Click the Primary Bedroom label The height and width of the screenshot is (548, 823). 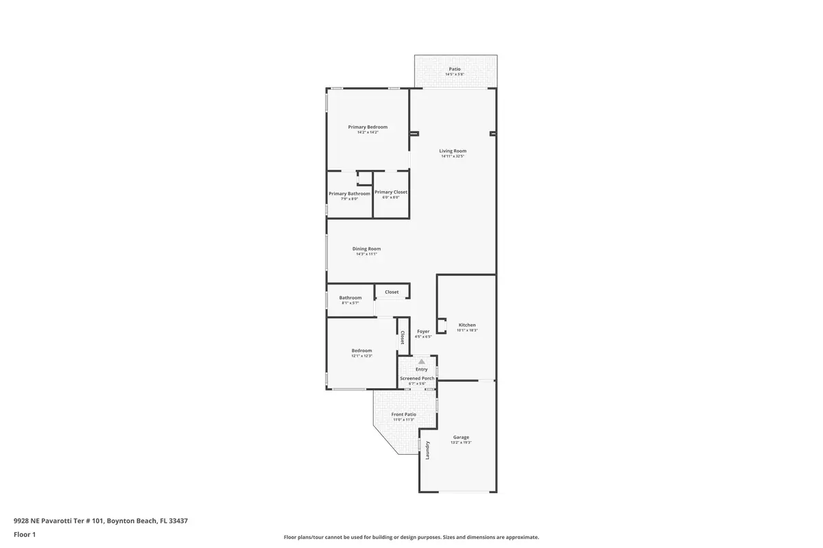[368, 127]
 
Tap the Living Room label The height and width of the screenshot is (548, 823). [453, 151]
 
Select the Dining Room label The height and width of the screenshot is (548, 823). [366, 249]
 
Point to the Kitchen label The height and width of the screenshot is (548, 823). [467, 325]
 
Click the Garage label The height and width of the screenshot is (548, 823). [461, 437]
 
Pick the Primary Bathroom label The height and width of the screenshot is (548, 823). [349, 194]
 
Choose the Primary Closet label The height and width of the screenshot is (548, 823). [391, 192]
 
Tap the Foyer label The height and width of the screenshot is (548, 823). [423, 332]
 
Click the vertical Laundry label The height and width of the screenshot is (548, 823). [427, 450]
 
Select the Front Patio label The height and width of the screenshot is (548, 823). [404, 414]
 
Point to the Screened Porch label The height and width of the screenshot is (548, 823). [417, 378]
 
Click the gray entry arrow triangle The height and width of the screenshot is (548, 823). [422, 361]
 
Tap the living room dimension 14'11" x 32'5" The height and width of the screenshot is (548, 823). [453, 157]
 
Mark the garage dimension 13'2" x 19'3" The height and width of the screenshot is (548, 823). [461, 443]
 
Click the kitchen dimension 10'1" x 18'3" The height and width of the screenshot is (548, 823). [467, 331]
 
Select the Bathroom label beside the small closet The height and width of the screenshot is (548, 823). [350, 297]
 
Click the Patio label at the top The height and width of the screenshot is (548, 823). [455, 69]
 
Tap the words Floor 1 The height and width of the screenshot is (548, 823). [24, 534]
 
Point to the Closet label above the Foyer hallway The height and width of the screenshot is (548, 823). [392, 292]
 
